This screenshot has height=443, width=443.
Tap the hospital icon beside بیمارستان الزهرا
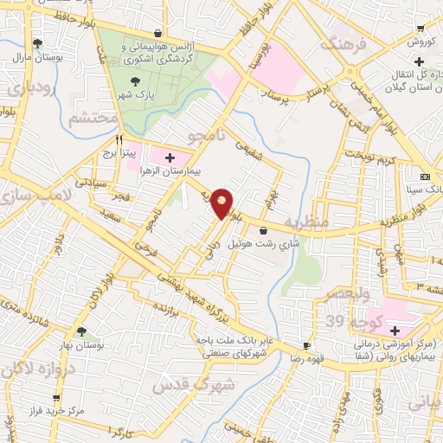click(170, 158)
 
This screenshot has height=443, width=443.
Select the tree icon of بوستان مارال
click(37, 43)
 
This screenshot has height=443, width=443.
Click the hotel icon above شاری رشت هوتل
click(263, 230)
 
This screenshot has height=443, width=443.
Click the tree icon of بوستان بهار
click(81, 331)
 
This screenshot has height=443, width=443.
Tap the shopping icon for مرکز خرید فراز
click(56, 397)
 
